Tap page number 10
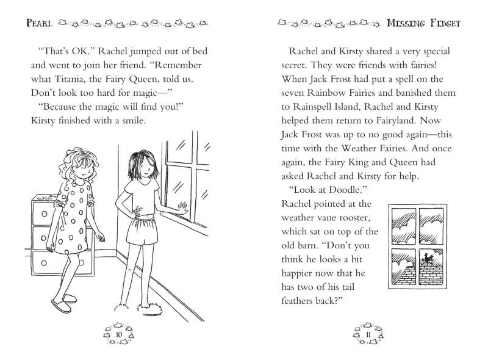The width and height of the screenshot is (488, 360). click(118, 334)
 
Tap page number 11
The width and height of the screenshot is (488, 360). click(368, 334)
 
